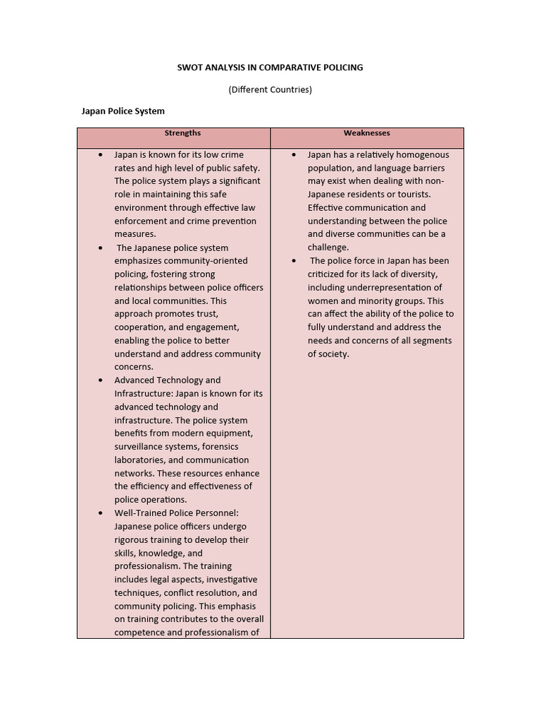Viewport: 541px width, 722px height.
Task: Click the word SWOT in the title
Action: point(189,68)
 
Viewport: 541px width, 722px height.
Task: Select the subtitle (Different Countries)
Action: point(270,90)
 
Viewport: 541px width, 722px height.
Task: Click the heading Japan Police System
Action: point(123,111)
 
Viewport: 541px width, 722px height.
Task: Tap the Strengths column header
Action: point(182,133)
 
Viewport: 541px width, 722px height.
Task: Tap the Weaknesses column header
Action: point(366,133)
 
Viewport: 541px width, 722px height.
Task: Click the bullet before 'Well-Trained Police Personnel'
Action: point(100,513)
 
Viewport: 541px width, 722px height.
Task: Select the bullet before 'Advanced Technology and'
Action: point(100,380)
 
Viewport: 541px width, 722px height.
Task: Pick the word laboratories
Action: point(139,460)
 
